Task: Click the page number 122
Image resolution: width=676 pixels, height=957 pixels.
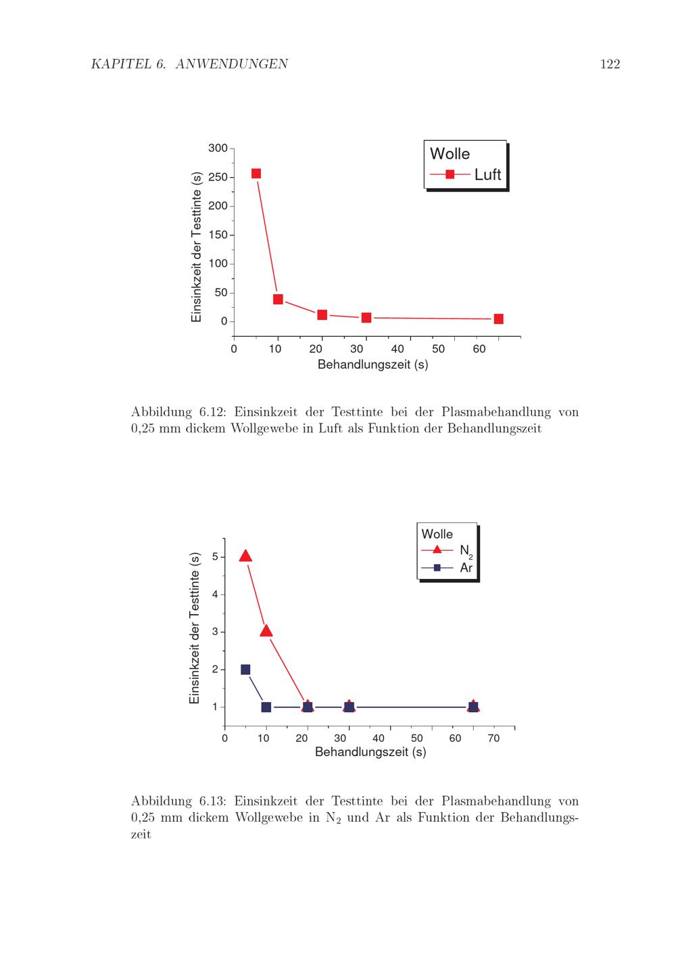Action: click(x=609, y=65)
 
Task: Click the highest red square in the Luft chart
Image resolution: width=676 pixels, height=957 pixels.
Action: click(x=256, y=174)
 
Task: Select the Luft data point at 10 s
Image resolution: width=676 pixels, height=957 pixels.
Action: click(x=278, y=299)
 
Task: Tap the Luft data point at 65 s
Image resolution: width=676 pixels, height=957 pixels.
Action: click(x=498, y=319)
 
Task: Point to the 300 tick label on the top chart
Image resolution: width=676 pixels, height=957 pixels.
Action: click(x=218, y=148)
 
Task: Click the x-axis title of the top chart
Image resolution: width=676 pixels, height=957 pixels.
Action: click(x=372, y=365)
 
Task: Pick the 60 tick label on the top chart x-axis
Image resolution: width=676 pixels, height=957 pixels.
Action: click(x=479, y=350)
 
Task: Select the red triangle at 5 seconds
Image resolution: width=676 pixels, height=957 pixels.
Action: click(x=245, y=556)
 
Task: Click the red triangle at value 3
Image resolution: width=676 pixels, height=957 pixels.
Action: click(x=266, y=631)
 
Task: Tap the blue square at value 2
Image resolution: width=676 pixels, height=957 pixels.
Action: click(x=245, y=670)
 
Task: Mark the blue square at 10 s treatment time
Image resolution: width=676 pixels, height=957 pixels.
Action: click(x=266, y=707)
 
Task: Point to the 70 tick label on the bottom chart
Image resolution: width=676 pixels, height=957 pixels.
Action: click(x=493, y=739)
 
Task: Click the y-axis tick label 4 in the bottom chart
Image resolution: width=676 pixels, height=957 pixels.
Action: click(x=215, y=594)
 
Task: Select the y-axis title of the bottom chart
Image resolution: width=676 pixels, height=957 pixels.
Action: click(x=195, y=628)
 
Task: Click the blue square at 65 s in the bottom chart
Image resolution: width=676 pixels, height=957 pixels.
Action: click(x=473, y=707)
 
